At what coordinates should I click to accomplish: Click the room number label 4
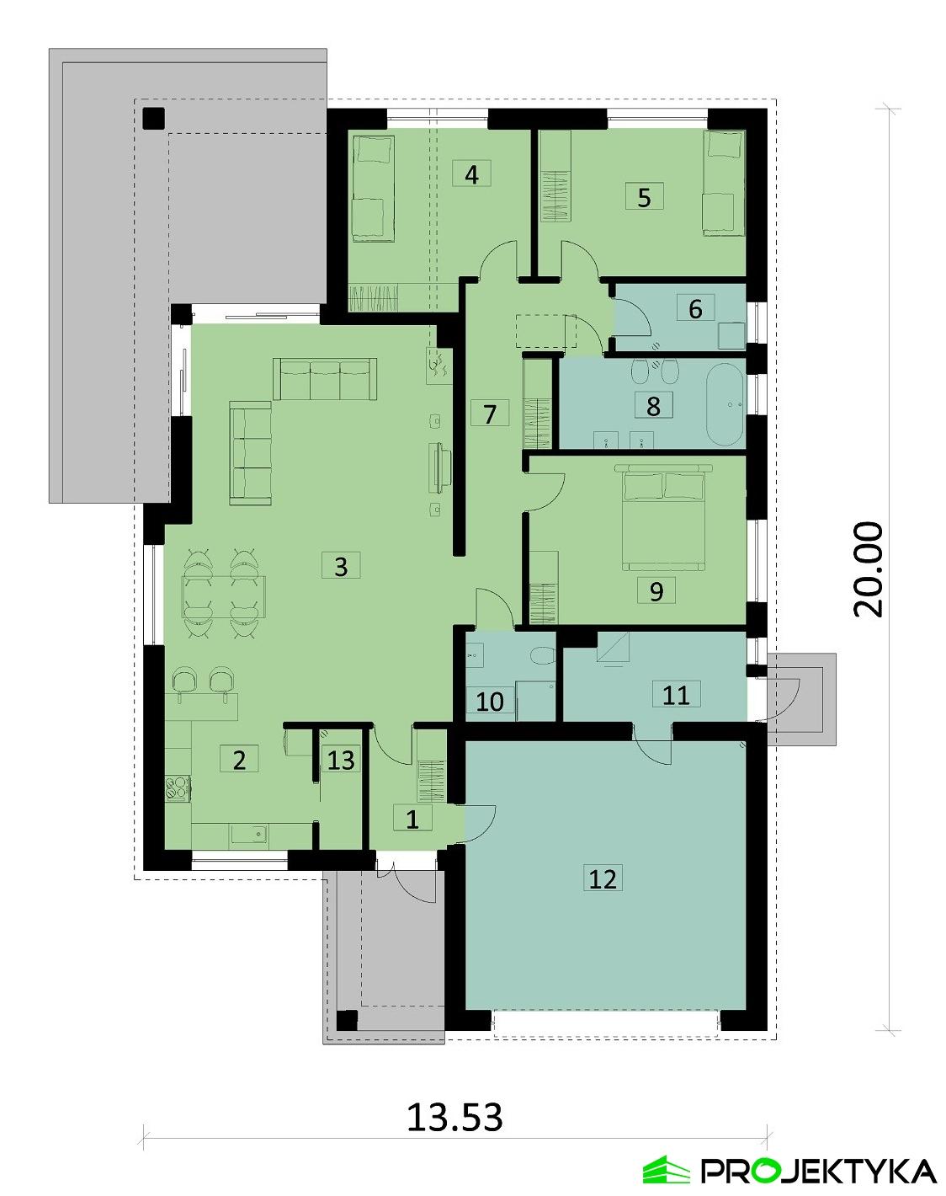471,174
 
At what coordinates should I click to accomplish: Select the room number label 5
645,197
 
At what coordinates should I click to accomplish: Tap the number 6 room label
695,309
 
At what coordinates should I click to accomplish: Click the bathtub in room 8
725,405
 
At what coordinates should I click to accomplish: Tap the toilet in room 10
543,655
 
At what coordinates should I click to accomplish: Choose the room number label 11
676,694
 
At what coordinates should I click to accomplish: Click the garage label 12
603,878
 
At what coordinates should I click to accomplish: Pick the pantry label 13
341,760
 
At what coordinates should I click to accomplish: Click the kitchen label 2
239,760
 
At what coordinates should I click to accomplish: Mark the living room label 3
341,565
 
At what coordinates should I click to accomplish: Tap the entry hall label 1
412,819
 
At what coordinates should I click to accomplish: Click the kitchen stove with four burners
178,788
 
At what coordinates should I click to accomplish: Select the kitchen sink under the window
249,834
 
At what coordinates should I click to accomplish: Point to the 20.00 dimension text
869,569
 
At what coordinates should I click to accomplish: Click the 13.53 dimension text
454,1117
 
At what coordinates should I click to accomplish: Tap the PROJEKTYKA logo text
818,1171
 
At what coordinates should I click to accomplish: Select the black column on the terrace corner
153,118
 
